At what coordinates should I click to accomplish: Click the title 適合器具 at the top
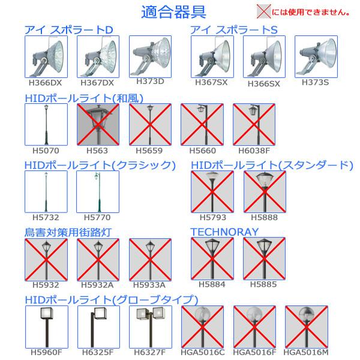click(x=173, y=12)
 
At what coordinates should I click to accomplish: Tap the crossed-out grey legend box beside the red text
click(x=263, y=11)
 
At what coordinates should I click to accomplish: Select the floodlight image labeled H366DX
click(x=46, y=57)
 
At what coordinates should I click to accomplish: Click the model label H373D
click(x=150, y=81)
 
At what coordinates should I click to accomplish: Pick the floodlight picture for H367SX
click(x=212, y=57)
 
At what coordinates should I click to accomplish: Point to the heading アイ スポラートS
click(x=234, y=30)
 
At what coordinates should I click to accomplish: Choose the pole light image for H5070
click(x=46, y=124)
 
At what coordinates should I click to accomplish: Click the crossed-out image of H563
click(x=98, y=124)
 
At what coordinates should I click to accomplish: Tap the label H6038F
click(x=254, y=151)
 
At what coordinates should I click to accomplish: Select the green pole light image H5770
click(x=98, y=192)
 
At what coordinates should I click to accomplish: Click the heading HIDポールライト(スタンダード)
click(x=272, y=166)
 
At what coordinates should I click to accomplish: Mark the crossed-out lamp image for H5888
click(x=265, y=192)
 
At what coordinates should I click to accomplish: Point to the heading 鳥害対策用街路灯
click(x=68, y=232)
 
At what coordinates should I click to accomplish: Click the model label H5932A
click(x=97, y=285)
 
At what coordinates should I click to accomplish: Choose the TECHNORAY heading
click(x=224, y=232)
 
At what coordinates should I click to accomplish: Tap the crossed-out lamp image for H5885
click(x=264, y=259)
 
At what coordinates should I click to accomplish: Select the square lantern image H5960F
click(x=47, y=327)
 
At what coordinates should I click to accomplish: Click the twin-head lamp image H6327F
click(x=151, y=327)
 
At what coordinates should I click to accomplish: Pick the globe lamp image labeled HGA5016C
click(x=202, y=327)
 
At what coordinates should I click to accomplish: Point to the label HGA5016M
click(x=306, y=352)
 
